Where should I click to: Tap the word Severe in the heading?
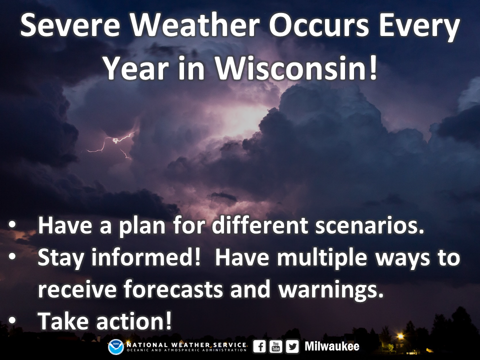point(70,25)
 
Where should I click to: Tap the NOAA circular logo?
point(115,347)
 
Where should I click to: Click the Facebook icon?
point(259,346)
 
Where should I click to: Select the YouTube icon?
point(276,346)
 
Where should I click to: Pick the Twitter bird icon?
point(292,346)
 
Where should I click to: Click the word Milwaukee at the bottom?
point(332,346)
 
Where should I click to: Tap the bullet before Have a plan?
point(12,224)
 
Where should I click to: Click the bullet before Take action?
point(12,320)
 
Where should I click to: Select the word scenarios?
point(369,225)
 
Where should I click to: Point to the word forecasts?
point(173,288)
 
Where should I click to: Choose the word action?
point(134,321)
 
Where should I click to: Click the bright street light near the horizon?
point(400,336)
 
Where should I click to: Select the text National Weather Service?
point(186,345)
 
